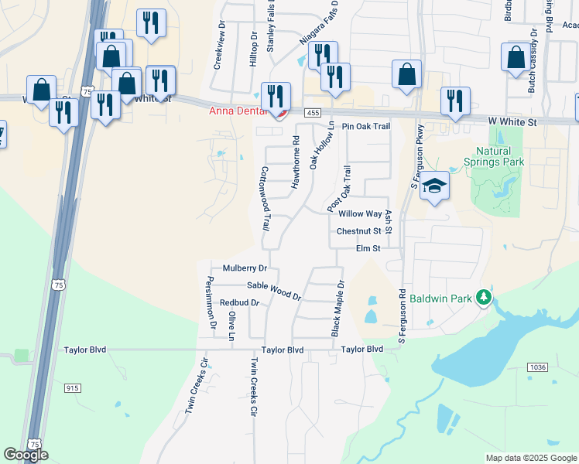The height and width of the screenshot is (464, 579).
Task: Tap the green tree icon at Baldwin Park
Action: coord(484,296)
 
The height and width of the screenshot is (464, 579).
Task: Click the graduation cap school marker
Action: coord(435,186)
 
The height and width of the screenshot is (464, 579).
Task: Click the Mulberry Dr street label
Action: coord(245,268)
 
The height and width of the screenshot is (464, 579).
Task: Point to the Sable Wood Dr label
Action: coord(273,291)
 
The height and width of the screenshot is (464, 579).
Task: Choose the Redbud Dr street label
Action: coord(238,302)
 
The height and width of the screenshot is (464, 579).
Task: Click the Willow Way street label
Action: coord(360,213)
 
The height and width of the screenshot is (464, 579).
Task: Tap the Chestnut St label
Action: coord(359,231)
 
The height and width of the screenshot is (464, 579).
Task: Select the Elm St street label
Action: coord(368,248)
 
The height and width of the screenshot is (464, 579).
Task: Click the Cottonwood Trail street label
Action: coord(265,200)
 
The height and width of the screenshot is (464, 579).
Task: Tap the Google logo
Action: coord(26,455)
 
